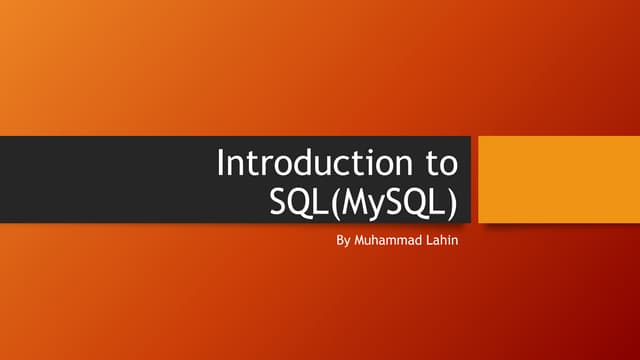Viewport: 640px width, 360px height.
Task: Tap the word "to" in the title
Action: coord(439,162)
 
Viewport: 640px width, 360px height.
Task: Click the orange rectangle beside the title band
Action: coord(558,179)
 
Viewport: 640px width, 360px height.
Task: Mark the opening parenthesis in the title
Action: coord(334,201)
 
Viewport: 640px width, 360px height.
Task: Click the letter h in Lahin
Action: coord(445,241)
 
